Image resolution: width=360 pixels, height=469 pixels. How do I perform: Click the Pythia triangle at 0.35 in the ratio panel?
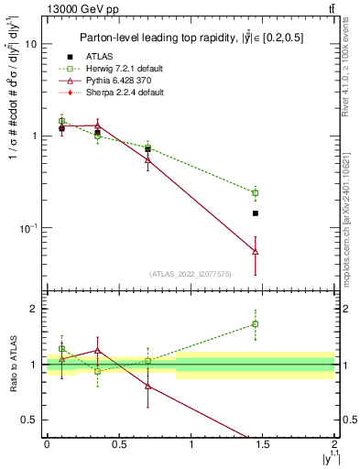[x=97, y=350]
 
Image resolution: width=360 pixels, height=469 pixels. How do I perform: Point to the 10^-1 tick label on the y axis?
[x=26, y=227]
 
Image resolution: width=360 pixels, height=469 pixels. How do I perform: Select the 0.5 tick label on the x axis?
[x=118, y=444]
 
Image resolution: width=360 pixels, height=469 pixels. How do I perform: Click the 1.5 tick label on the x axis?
[x=263, y=444]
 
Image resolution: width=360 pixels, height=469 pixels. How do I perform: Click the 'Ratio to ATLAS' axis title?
[x=12, y=364]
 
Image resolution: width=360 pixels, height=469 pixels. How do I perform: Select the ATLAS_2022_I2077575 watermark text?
[x=190, y=273]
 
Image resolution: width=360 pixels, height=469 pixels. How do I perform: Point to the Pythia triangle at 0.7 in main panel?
[x=147, y=159]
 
